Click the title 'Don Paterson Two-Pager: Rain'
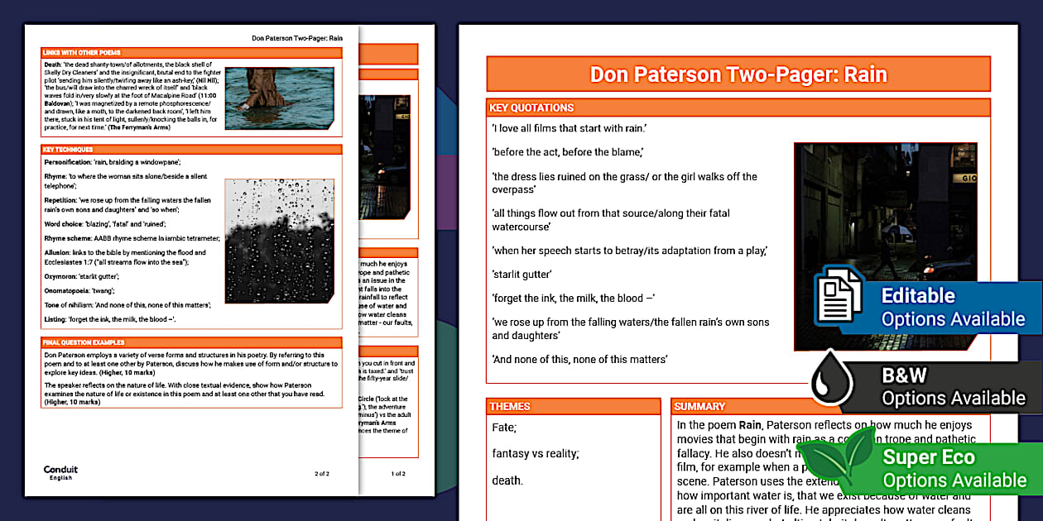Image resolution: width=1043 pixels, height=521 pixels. click(x=738, y=74)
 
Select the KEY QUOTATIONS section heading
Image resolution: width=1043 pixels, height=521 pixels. click(x=531, y=108)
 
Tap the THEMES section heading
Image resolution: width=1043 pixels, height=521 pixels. click(x=510, y=406)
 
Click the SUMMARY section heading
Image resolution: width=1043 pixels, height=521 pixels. click(x=700, y=406)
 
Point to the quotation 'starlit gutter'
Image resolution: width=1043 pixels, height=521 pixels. click(x=521, y=275)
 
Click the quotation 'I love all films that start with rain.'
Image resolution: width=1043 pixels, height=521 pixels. click(x=569, y=128)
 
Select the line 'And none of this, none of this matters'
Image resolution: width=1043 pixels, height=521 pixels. click(x=579, y=359)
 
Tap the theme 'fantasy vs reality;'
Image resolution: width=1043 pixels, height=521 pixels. click(x=535, y=453)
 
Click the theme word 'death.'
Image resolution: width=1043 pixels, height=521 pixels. click(x=507, y=480)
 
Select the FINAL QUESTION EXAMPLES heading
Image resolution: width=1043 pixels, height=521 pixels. click(x=84, y=342)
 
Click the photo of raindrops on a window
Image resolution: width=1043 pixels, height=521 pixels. click(x=279, y=241)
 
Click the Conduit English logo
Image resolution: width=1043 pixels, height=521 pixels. click(x=60, y=471)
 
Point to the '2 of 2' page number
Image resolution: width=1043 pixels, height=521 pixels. click(x=322, y=474)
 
